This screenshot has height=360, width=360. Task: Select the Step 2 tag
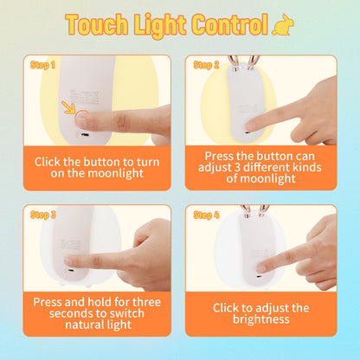pos(206,64)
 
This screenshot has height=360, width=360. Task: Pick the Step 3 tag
pos(42,214)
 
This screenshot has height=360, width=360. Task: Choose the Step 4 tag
pos(206,214)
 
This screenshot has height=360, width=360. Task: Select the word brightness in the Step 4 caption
pos(260,319)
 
